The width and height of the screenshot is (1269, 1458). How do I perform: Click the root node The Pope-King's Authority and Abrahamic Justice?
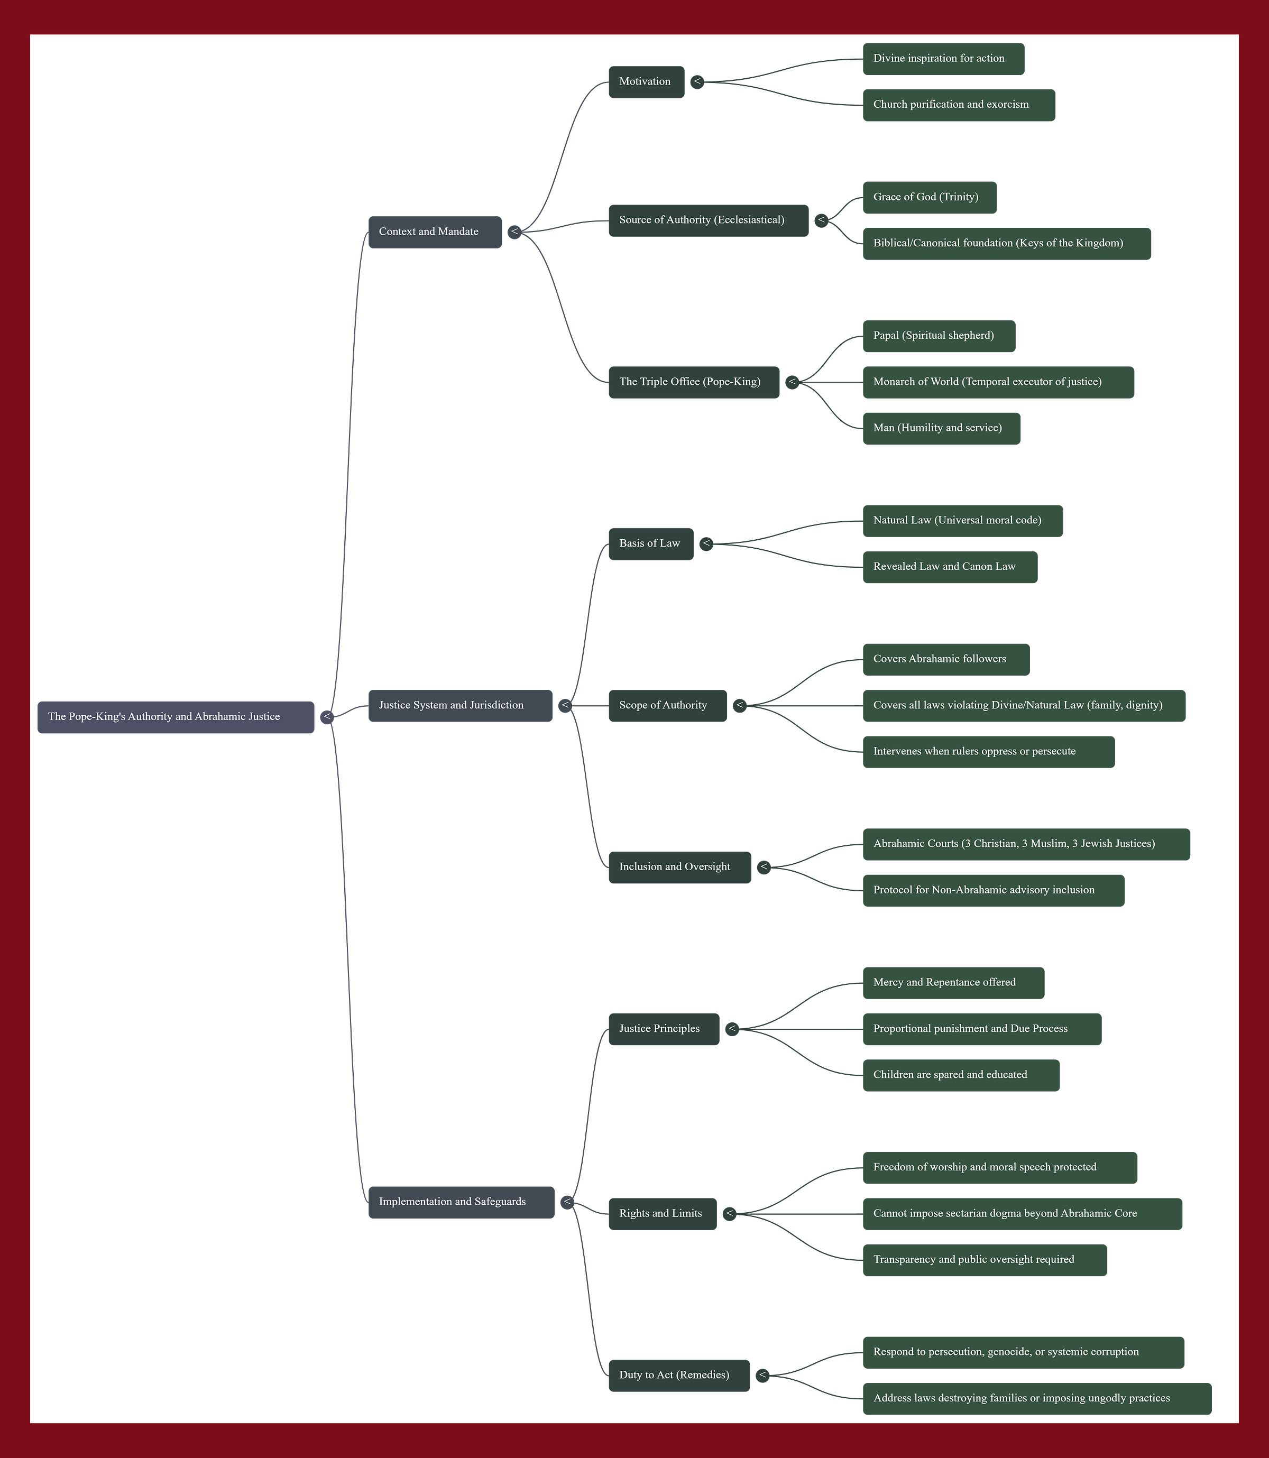tap(176, 717)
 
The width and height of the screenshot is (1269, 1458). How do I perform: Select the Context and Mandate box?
tap(434, 232)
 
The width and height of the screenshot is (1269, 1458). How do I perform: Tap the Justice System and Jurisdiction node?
tap(459, 705)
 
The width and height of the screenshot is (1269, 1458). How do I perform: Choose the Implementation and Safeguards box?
tap(461, 1202)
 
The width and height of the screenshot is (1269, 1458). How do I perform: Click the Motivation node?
tap(645, 81)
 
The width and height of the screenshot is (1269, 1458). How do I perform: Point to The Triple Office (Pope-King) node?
tap(693, 382)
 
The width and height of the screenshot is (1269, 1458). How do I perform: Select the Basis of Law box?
tap(650, 543)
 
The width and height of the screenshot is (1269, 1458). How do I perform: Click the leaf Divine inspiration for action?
tap(943, 58)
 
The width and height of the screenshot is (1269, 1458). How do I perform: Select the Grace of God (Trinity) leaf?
tap(929, 197)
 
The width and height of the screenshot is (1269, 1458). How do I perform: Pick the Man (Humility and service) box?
tap(941, 428)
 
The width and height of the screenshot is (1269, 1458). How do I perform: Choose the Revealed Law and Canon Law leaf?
tap(949, 567)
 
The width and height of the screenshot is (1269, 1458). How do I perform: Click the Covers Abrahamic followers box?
tap(945, 659)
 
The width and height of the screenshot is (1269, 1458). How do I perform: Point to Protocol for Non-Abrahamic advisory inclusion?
tap(993, 890)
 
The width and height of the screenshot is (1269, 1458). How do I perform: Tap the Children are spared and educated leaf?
tap(960, 1075)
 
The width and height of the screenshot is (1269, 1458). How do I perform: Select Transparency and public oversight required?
tap(985, 1260)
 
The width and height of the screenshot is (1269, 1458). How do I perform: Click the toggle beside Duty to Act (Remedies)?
tap(762, 1375)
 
